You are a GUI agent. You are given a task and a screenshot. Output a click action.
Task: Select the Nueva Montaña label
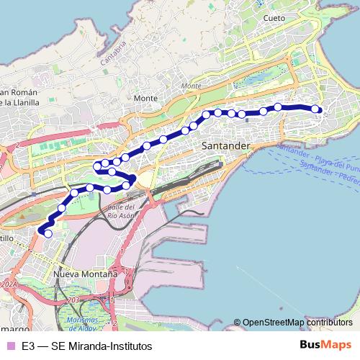pos(85,274)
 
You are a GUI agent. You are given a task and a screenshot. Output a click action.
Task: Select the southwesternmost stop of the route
pos(48,233)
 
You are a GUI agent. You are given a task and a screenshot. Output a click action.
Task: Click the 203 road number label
pos(74,299)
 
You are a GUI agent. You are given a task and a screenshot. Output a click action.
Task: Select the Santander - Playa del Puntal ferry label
pos(317,156)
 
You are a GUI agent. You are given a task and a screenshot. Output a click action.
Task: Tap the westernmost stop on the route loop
pos(97,167)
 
